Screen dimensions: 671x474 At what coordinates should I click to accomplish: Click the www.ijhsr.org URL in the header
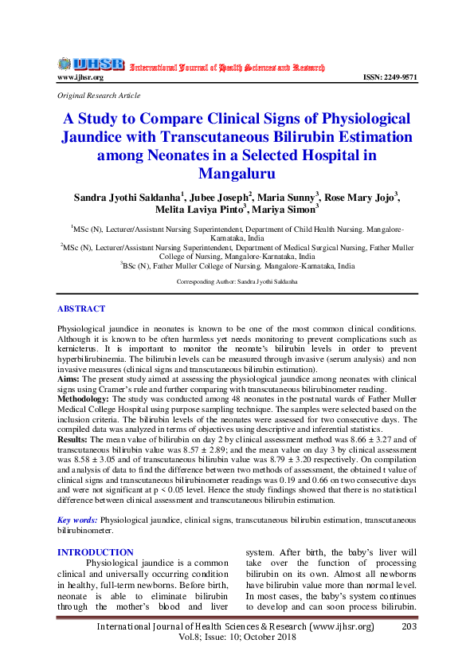80,77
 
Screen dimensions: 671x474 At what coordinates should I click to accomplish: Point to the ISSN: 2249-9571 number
390,77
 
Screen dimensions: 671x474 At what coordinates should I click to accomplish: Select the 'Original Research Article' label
99,95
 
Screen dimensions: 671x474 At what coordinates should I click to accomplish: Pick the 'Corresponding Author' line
237,282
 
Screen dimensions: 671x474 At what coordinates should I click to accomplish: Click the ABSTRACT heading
80,308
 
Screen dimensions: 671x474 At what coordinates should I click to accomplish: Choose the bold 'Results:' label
72,438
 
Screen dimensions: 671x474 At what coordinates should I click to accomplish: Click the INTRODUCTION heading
95,552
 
